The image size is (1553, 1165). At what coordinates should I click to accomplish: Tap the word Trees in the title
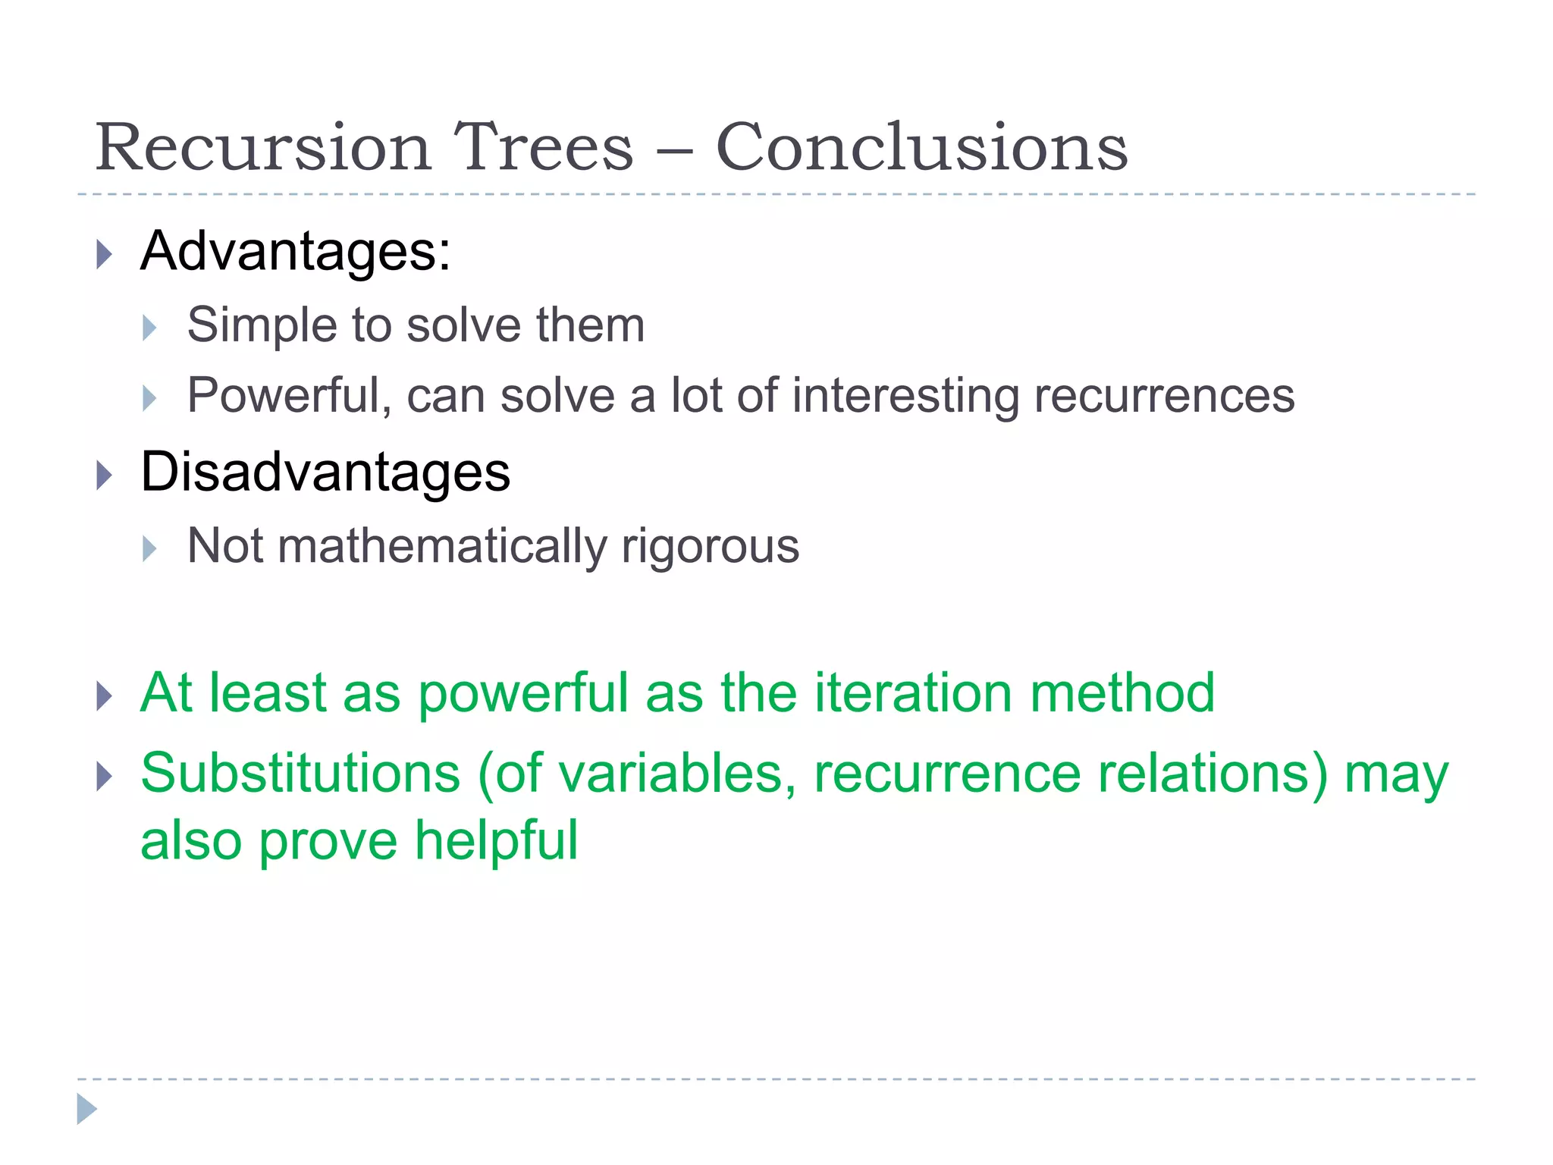[x=542, y=147]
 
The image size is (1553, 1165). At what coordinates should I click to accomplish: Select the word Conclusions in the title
[x=921, y=147]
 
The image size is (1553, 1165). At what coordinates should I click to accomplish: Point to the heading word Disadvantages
[x=325, y=473]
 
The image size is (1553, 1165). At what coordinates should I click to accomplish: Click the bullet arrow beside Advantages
[x=105, y=254]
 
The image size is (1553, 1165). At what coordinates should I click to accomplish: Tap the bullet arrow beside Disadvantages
[x=105, y=476]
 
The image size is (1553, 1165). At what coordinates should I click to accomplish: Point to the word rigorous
[x=710, y=547]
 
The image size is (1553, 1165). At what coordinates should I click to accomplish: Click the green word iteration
[x=913, y=693]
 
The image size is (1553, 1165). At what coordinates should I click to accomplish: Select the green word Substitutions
[x=300, y=774]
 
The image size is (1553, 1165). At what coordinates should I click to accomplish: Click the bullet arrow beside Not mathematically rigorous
[x=149, y=548]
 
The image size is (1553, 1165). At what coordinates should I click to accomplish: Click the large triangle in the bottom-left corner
[x=87, y=1109]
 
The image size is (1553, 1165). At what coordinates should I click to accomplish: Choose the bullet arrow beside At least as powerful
[x=105, y=696]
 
